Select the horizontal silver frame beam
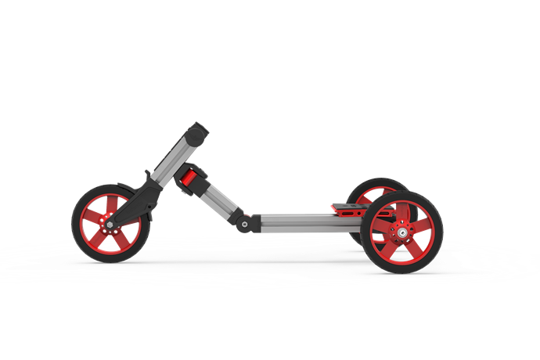click(x=305, y=223)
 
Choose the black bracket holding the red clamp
click(x=198, y=174)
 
